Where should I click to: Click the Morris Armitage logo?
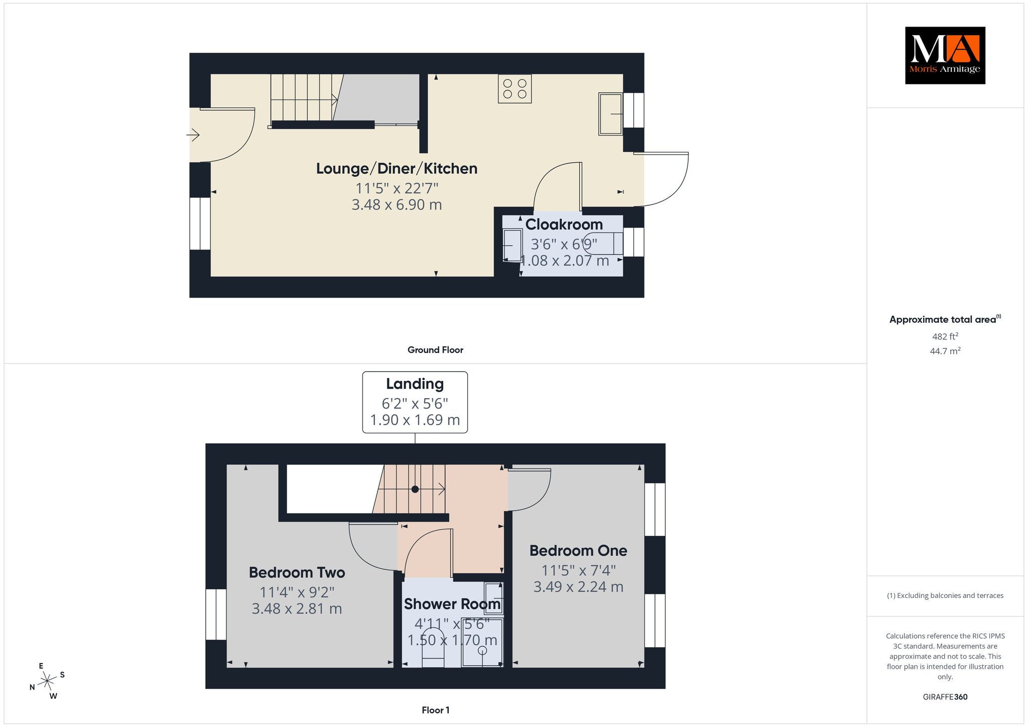(x=945, y=55)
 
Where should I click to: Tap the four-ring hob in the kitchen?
(x=515, y=89)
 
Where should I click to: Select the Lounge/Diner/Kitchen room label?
(x=397, y=169)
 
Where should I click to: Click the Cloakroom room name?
(x=564, y=224)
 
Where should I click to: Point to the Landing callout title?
(x=415, y=384)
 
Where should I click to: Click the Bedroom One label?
(x=578, y=551)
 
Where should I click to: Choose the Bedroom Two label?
(x=297, y=572)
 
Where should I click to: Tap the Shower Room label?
(x=452, y=604)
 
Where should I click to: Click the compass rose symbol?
(x=47, y=681)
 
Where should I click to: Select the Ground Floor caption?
(x=435, y=350)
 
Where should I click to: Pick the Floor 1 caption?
(x=435, y=710)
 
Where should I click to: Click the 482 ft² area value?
(x=945, y=336)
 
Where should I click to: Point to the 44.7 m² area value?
(x=945, y=351)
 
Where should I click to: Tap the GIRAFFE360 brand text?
(x=945, y=697)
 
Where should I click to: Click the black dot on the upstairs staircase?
(x=415, y=489)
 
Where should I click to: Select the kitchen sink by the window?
(x=611, y=113)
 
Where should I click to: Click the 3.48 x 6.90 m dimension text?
(x=397, y=205)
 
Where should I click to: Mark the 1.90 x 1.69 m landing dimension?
(x=415, y=420)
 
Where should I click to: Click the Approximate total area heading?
(x=945, y=319)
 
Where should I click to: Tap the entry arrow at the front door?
(x=193, y=135)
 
